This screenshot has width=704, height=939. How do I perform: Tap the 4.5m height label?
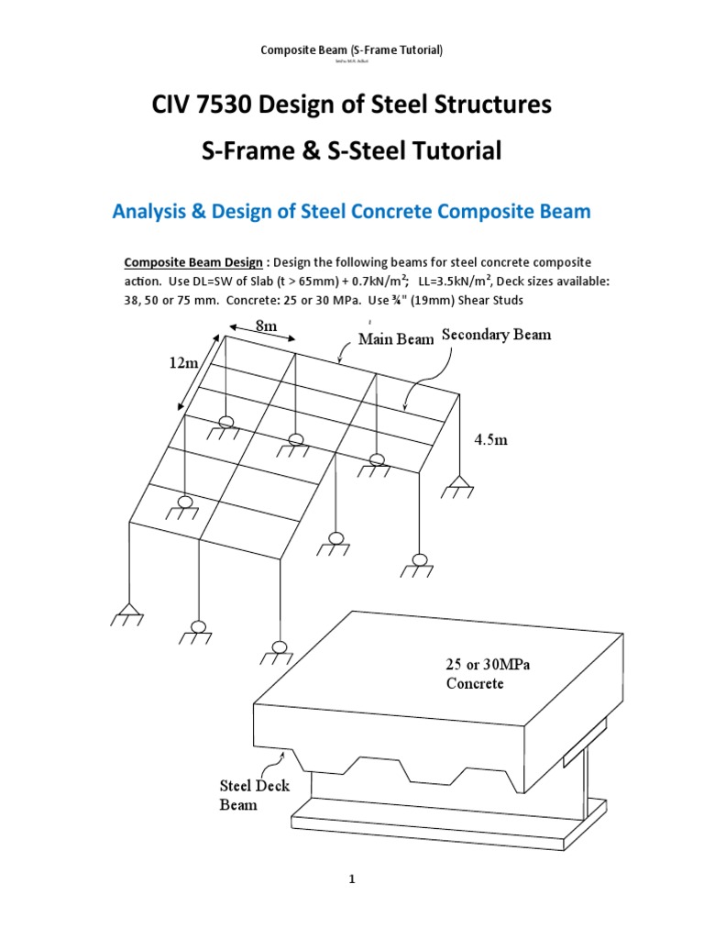(490, 439)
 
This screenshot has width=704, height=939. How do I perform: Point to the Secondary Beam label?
(497, 335)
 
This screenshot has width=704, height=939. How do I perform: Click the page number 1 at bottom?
(351, 879)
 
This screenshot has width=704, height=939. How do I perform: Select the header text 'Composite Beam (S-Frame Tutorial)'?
(352, 50)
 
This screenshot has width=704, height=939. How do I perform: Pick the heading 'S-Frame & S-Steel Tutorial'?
(352, 152)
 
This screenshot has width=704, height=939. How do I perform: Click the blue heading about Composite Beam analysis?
(352, 212)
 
